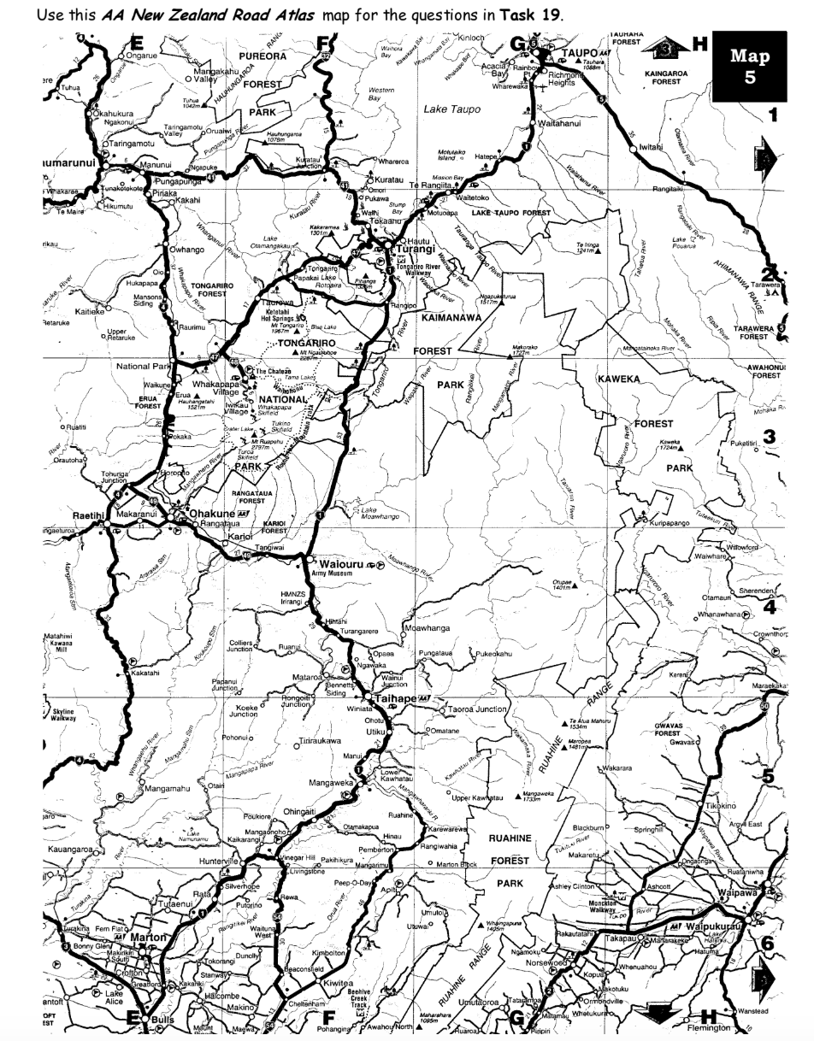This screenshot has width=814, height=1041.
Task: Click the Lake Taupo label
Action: pos(451,109)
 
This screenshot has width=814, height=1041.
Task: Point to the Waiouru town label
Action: pos(339,565)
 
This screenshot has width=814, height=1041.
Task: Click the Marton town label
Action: pos(137,938)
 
